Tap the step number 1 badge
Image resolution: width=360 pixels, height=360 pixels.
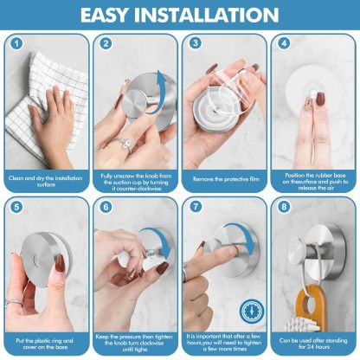15,43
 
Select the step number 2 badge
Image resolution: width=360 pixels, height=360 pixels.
104,43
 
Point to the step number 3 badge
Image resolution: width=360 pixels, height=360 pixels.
196,43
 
